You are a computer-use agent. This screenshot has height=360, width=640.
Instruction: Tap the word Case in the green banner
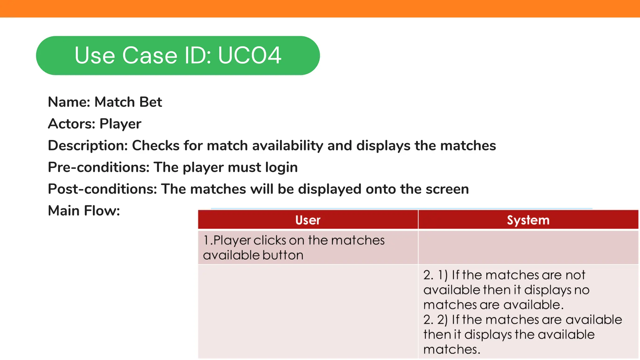click(x=150, y=56)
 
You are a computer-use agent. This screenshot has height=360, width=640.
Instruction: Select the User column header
click(x=308, y=220)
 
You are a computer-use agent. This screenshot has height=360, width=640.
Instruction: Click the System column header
click(x=528, y=220)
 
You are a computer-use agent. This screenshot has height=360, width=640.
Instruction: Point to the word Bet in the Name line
click(x=151, y=102)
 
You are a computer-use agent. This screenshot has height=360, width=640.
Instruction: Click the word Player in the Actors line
click(x=120, y=124)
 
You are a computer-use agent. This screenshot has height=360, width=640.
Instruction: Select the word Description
click(x=88, y=146)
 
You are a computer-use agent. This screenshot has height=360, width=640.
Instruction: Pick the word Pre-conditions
click(x=99, y=167)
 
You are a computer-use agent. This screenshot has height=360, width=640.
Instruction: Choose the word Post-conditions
click(x=102, y=189)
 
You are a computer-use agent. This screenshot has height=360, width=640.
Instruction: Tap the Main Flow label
click(x=84, y=211)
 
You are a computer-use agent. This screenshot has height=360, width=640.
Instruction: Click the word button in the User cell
click(x=283, y=255)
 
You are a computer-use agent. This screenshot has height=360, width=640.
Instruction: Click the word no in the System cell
click(x=582, y=290)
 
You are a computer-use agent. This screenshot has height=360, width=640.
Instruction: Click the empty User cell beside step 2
click(x=308, y=311)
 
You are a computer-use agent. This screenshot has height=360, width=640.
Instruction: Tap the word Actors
click(x=71, y=124)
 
